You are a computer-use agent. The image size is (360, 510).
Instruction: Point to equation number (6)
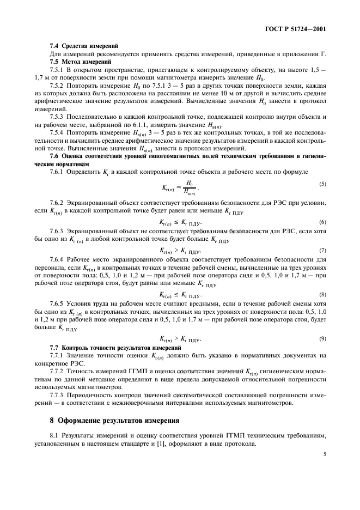pos(323,222)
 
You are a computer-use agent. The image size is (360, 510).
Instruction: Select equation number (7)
pos(323,251)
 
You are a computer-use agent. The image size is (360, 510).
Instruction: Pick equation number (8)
pos(323,295)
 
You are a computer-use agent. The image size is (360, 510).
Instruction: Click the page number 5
pos(325,453)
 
